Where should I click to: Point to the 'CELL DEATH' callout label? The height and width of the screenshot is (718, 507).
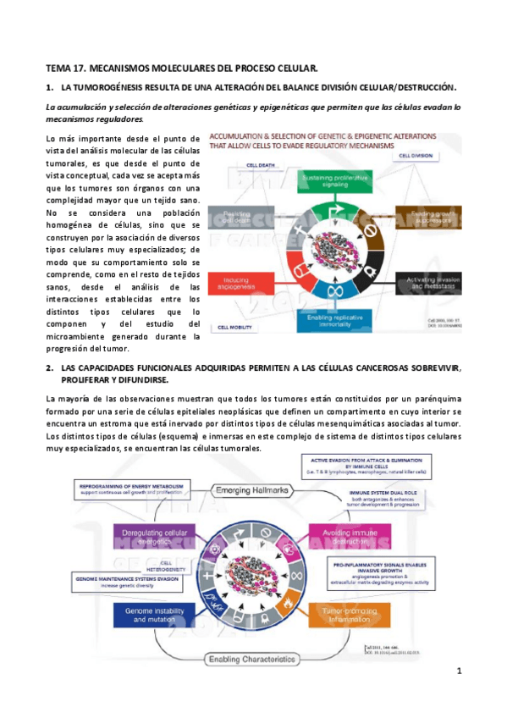click(x=262, y=166)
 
